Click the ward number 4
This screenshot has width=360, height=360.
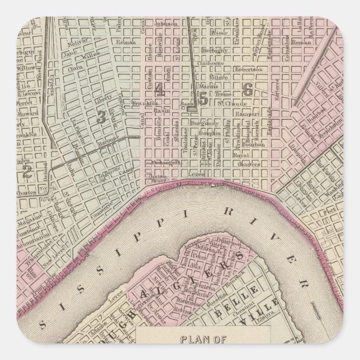pyautogui.click(x=160, y=89)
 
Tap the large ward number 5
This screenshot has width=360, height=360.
pyautogui.click(x=203, y=99)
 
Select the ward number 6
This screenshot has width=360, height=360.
pyautogui.click(x=248, y=89)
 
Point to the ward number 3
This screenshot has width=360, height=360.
pyautogui.click(x=101, y=116)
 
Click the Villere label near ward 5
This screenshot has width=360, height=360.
pyautogui.click(x=219, y=77)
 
